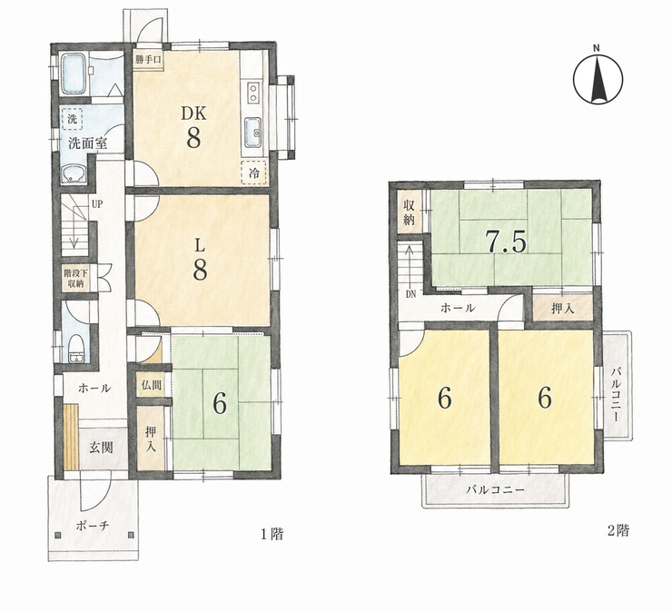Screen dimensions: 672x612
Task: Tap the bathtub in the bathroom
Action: pos(75,74)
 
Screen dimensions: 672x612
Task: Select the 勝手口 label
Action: pos(147,60)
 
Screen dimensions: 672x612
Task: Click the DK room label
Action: pos(193,114)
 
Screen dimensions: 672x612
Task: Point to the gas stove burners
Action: pos(252,93)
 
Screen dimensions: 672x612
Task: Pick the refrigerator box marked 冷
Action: pos(254,173)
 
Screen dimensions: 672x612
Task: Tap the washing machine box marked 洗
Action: pos(73,119)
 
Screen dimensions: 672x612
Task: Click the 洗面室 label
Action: pos(87,143)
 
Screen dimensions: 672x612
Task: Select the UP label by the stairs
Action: pos(97,204)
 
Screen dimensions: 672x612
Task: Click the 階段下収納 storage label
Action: pos(75,278)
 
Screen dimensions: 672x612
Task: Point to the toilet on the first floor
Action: pos(76,349)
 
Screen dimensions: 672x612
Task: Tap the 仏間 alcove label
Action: pos(152,384)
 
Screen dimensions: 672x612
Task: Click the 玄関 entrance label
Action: pos(101,448)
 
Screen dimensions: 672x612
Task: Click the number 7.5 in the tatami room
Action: pos(506,242)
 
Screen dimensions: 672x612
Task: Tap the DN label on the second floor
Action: pos(411,294)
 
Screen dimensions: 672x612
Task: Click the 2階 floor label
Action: pos(618,531)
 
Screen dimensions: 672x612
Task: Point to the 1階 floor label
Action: pos(272,534)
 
